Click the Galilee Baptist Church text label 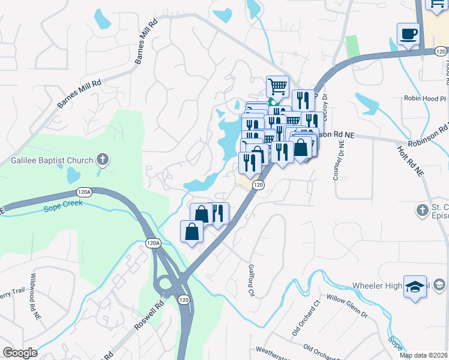[x=52, y=160]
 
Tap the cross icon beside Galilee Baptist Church [x=103, y=160]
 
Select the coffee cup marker [x=408, y=34]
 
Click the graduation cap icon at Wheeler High [x=415, y=286]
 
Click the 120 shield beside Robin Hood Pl [x=441, y=52]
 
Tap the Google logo [x=20, y=353]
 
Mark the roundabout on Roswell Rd [x=166, y=283]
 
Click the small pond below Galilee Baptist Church [x=73, y=175]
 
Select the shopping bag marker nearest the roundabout [x=191, y=232]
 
